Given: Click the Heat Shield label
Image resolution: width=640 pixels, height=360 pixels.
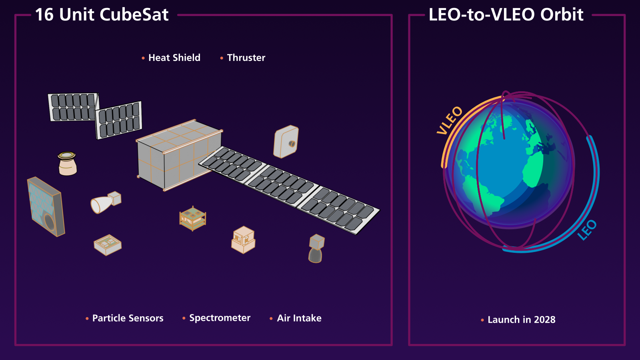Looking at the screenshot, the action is (174, 58).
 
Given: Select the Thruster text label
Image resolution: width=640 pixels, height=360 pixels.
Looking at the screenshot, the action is (246, 58).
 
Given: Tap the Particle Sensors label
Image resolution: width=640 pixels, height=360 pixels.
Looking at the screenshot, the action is (128, 318).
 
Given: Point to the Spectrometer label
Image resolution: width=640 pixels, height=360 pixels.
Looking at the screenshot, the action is (220, 318).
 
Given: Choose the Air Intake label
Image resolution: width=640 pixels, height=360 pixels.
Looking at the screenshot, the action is (299, 318).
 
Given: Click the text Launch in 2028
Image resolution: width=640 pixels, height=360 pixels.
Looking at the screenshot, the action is (522, 320).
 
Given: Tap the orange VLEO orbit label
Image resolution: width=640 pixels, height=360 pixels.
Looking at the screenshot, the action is (450, 120).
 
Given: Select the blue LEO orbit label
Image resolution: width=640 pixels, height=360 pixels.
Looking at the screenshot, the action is (587, 230).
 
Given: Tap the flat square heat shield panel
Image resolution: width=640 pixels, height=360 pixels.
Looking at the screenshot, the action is (46, 207).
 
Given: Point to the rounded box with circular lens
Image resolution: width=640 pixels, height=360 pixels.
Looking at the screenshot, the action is (286, 142).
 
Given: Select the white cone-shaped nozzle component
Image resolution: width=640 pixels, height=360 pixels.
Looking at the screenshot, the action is (106, 202).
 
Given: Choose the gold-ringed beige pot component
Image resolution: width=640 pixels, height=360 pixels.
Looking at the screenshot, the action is (68, 164).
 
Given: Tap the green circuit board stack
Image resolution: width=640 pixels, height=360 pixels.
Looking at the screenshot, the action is (193, 218).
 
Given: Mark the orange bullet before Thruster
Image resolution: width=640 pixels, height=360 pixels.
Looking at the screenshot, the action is (222, 58).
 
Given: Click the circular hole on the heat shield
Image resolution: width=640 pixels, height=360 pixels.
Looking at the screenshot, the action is (50, 222).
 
